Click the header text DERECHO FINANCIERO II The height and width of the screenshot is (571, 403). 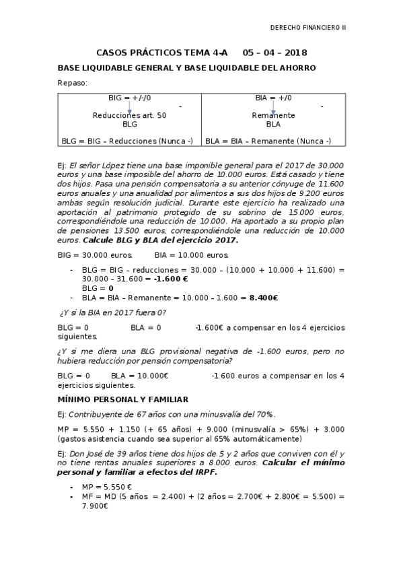tap(307, 28)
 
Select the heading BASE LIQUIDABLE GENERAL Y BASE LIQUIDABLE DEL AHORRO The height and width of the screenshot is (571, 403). tap(186, 68)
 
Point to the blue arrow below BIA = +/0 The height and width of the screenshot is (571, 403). tap(273, 108)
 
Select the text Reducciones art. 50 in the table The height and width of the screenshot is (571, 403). tap(129, 116)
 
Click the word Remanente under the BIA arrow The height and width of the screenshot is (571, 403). tap(273, 116)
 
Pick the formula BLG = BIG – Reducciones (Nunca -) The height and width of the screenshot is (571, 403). tap(127, 141)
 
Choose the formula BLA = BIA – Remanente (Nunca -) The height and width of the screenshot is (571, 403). tap(268, 141)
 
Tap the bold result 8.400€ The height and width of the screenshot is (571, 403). tap(264, 297)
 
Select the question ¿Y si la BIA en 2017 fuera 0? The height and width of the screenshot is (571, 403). tap(113, 312)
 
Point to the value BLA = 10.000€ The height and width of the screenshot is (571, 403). tap(139, 376)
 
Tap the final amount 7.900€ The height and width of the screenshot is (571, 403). tap(95, 506)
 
